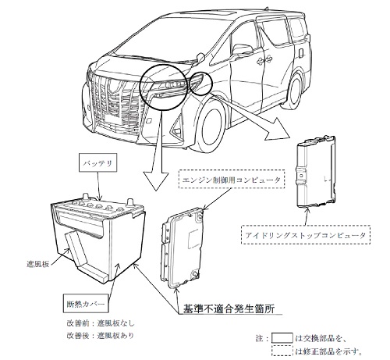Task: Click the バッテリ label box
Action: point(97,163)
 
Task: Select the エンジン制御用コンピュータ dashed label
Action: point(232,179)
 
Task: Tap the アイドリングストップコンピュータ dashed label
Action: point(306,234)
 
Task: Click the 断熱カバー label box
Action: point(86,304)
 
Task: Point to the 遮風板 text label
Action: point(37,264)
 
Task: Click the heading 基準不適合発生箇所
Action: point(229,308)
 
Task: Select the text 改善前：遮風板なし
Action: point(101,323)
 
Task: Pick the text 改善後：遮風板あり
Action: point(101,335)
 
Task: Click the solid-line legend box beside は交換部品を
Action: point(282,338)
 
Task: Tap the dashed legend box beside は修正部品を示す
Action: point(282,351)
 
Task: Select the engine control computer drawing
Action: point(182,248)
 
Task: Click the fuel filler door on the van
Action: point(301,52)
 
